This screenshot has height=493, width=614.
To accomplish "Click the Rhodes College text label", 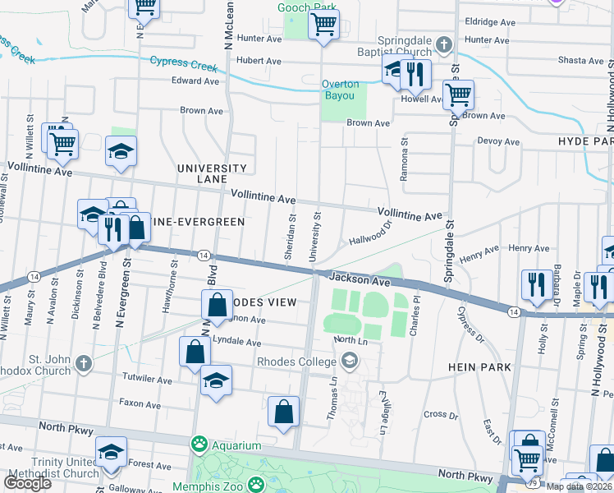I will tap(296, 360).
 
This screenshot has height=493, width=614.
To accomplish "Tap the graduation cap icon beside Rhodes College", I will tap(350, 360).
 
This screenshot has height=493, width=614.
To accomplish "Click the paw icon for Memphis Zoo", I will tap(257, 484).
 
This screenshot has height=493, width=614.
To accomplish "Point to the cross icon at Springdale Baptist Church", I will tap(443, 44).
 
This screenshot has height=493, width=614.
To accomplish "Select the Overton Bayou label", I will tap(340, 89).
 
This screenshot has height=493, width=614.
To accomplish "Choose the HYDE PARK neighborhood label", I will tap(584, 141).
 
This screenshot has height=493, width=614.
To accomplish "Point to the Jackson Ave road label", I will tap(361, 281).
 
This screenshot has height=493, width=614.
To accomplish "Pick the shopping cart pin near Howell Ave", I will tap(457, 94).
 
